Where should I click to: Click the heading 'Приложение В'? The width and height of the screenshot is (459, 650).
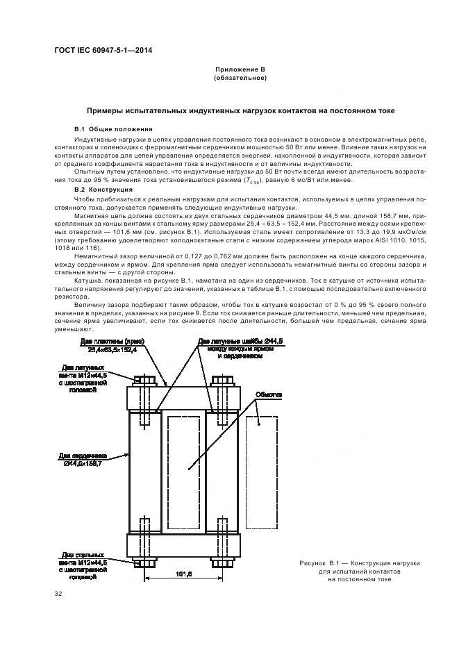(240, 70)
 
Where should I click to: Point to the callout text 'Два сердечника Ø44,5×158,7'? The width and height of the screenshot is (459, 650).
(83, 458)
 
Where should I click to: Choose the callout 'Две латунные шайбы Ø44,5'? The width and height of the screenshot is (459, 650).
(230, 342)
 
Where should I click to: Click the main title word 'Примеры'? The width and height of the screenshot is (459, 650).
(106, 110)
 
